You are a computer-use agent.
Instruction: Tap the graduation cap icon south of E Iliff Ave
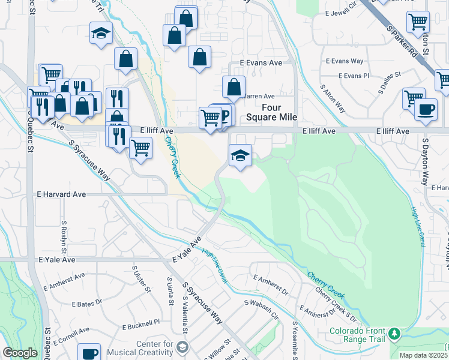coord(240,155)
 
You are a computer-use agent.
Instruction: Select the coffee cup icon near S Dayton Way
coord(426,110)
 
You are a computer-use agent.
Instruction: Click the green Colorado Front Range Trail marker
coord(394,333)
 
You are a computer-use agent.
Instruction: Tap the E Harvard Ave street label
coord(61,194)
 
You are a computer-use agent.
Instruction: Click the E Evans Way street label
coord(345,61)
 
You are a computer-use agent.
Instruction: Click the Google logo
coord(20,353)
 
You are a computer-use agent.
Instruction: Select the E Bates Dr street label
coord(86,304)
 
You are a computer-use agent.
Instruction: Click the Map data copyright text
coord(424,355)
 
